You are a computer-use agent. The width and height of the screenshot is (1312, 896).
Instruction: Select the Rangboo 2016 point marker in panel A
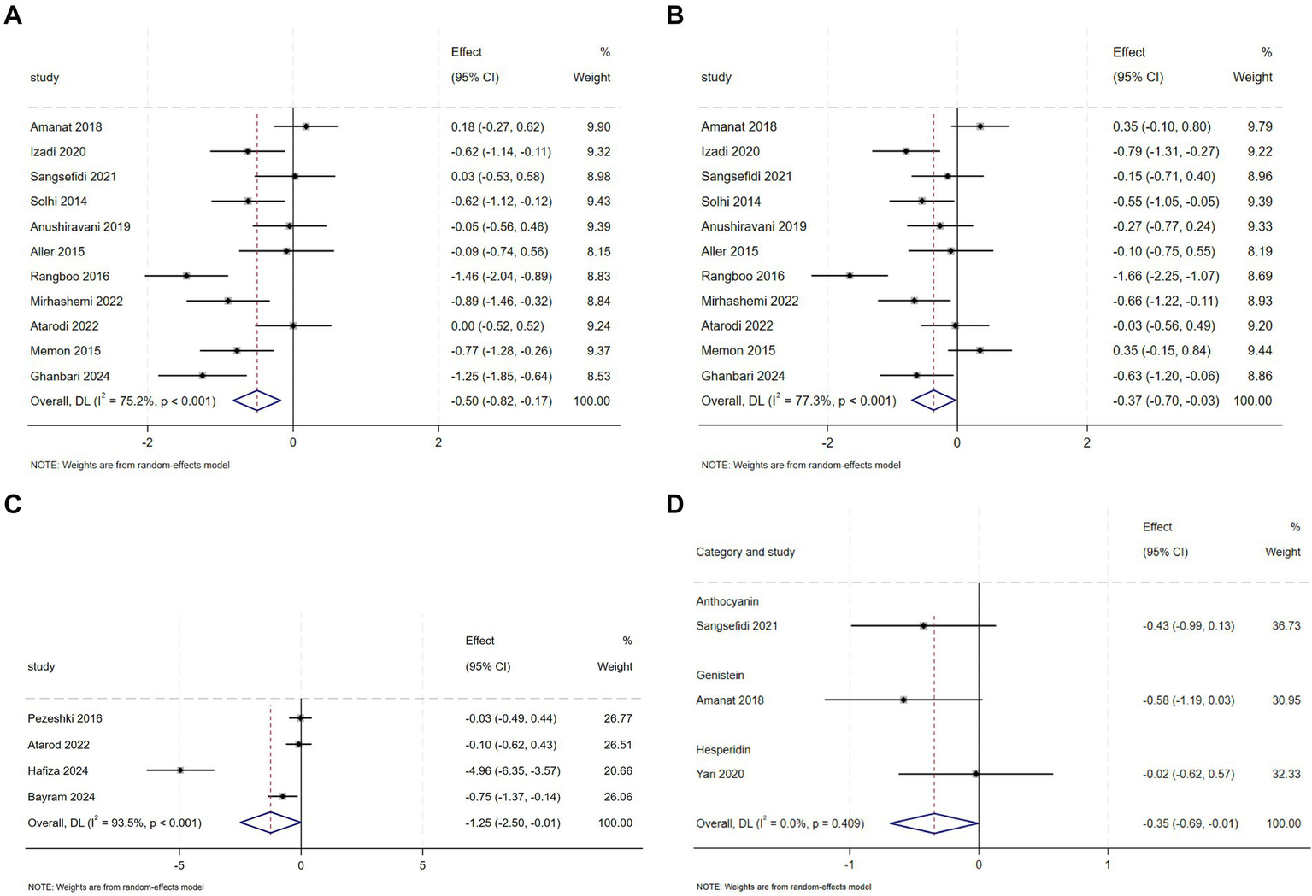coord(186,276)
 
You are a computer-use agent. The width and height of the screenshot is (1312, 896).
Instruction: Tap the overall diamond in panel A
coord(257,401)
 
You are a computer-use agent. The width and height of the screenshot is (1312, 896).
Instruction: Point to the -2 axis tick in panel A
coord(147,442)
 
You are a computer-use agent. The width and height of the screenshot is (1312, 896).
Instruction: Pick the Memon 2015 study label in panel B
coord(738,350)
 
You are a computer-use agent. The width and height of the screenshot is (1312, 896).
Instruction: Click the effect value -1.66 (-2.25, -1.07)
coord(1165,276)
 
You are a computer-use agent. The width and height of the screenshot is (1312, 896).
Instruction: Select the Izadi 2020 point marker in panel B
coord(906,151)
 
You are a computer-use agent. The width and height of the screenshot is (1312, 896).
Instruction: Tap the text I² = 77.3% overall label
coord(798,401)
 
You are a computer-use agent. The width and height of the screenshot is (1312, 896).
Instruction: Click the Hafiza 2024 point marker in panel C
coord(179,770)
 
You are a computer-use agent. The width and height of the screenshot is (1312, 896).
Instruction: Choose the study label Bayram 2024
coord(62,797)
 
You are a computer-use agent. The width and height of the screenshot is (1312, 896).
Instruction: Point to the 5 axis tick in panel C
coord(422,865)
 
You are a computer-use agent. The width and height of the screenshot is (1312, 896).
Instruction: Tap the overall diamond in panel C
coord(270,823)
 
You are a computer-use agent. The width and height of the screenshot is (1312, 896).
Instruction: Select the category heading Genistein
coord(720,675)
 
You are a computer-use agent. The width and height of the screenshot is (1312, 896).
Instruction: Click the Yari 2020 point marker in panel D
coord(975,774)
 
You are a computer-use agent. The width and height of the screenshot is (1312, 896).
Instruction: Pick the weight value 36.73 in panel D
coord(1286,625)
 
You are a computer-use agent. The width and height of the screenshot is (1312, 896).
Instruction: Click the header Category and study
coord(745,552)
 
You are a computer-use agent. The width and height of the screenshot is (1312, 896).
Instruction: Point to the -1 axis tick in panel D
coord(850,864)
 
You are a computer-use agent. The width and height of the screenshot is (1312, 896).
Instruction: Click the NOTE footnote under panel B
coord(801,465)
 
